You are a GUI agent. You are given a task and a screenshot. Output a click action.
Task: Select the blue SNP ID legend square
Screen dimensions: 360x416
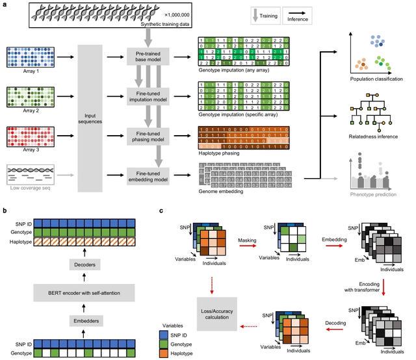pyautogui.click(x=172, y=333)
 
